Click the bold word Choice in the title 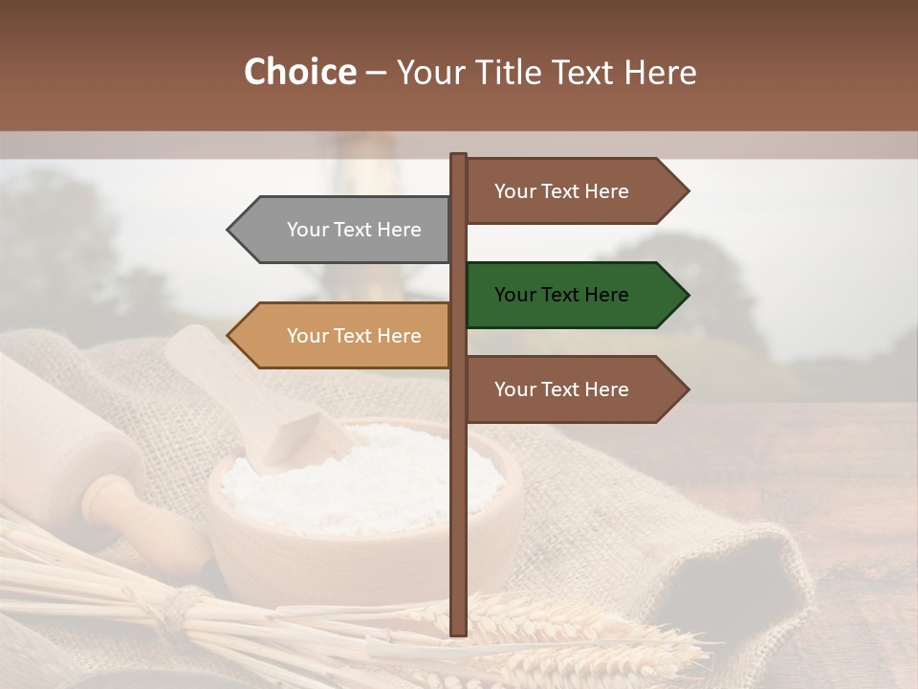pyautogui.click(x=299, y=73)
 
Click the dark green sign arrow pyautogui.click(x=569, y=295)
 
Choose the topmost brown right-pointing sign pyautogui.click(x=569, y=191)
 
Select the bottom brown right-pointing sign pyautogui.click(x=569, y=389)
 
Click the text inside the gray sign pyautogui.click(x=354, y=230)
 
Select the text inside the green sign pyautogui.click(x=561, y=295)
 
